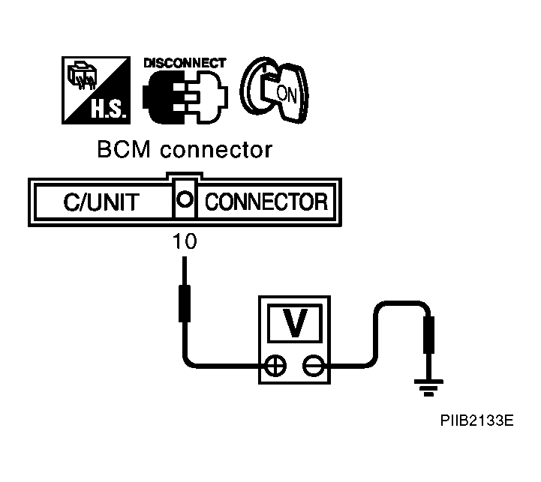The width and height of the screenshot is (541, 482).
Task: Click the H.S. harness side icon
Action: pos(96,91)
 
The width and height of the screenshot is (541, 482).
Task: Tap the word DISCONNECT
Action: pos(185,63)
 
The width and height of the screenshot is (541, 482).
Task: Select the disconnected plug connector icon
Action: pos(185,97)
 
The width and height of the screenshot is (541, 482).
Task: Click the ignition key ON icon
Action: pos(274,90)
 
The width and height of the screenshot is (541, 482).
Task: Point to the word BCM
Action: pos(124,150)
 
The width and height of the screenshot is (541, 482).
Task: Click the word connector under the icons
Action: pos(216,151)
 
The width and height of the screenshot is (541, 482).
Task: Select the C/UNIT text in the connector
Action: pos(101,202)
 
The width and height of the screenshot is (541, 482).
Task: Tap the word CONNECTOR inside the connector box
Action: pos(266,202)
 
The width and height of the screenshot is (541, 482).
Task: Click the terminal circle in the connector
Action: pos(185,199)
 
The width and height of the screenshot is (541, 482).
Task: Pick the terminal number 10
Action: pos(185,241)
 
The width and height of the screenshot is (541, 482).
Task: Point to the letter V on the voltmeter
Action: pos(295,323)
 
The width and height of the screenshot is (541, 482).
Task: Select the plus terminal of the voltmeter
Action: pos(275,365)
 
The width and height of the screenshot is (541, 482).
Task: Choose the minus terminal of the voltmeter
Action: pos(314,365)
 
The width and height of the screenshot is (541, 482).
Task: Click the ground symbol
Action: pos(429,388)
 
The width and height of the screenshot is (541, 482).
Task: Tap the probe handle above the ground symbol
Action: pos(429,335)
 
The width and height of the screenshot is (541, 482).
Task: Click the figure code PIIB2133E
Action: pos(476,421)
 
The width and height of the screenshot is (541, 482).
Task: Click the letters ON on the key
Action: pos(287,94)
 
